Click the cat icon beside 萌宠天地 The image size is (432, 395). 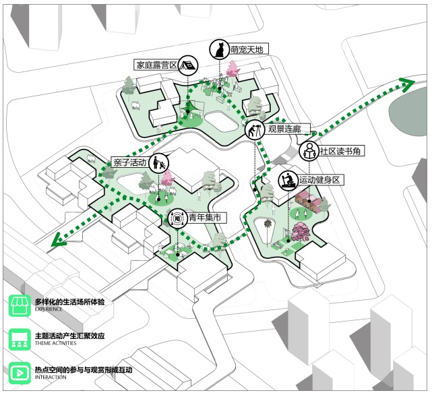click(218, 49)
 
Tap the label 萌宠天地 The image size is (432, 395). click(249, 50)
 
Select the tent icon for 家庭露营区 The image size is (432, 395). click(188, 65)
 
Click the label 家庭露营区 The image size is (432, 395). click(156, 65)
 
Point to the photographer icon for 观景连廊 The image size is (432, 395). click(254, 129)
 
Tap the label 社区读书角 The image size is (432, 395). click(342, 151)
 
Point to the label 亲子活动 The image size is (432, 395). click(130, 162)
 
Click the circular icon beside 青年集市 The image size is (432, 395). click(178, 218)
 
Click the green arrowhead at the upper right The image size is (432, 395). click(406, 84)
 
